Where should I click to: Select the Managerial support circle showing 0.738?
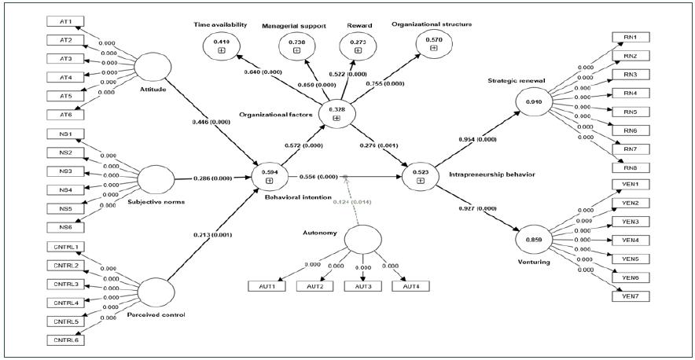(x=296, y=46)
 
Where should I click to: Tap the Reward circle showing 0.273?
(x=358, y=46)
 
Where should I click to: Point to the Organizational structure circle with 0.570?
(x=433, y=44)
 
